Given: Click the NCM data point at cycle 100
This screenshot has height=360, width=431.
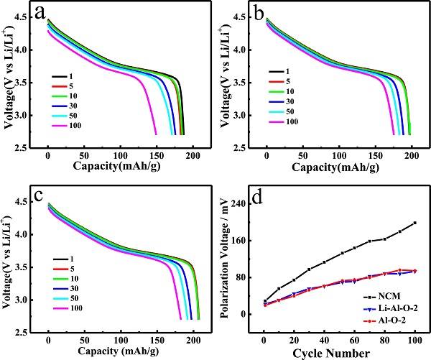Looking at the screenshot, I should [415, 223].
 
